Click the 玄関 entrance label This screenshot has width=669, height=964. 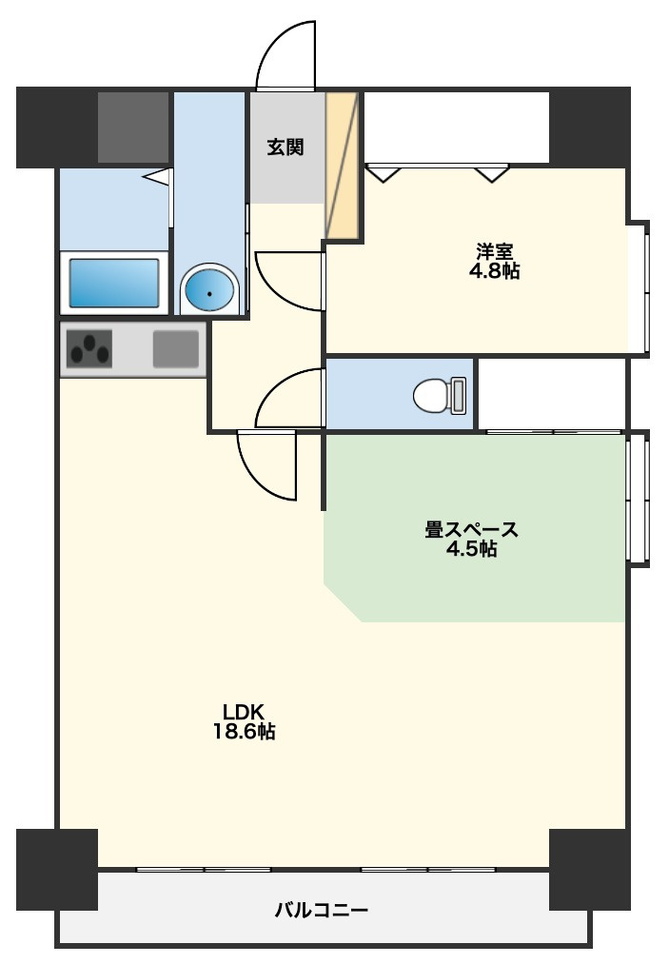[285, 147]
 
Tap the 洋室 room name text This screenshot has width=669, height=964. [494, 251]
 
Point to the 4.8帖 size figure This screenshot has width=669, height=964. [494, 271]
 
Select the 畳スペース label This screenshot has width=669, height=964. [472, 529]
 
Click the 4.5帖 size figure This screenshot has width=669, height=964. [472, 549]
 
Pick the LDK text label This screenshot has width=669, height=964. [244, 712]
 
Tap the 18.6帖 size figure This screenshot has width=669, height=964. [244, 732]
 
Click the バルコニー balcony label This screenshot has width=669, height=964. [322, 910]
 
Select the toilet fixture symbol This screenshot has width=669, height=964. [441, 395]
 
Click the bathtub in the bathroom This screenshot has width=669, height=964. [114, 283]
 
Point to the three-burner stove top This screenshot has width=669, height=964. [89, 349]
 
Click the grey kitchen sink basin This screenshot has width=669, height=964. [176, 348]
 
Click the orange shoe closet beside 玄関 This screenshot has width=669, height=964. [342, 165]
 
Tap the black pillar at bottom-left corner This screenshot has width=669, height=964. [57, 870]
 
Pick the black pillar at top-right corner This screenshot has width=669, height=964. [590, 126]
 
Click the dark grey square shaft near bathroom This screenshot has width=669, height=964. [133, 128]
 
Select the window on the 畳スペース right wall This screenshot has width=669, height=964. [639, 498]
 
